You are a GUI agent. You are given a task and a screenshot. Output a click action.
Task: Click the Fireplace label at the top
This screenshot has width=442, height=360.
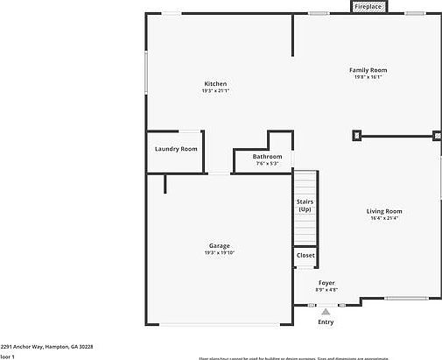click(x=368, y=6)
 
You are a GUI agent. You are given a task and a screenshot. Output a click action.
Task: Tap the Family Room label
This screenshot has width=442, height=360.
click(x=368, y=70)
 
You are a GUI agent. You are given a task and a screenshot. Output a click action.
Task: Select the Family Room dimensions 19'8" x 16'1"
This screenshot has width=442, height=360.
click(x=368, y=77)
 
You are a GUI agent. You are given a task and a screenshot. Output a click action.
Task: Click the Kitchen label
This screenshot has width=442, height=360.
click(x=215, y=84)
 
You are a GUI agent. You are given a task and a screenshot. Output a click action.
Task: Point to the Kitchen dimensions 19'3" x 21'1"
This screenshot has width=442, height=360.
click(x=215, y=91)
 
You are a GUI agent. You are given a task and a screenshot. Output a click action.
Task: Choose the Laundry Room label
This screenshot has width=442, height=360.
click(x=176, y=149)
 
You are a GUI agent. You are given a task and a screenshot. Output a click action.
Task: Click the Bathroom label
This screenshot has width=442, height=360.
click(x=267, y=156)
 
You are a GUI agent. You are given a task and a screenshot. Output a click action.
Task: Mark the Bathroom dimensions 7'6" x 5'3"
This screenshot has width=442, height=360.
click(x=267, y=163)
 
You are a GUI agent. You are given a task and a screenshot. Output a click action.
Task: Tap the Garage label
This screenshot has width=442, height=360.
click(x=219, y=245)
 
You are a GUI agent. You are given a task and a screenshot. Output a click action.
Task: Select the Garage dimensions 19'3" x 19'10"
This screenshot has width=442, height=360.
click(x=219, y=253)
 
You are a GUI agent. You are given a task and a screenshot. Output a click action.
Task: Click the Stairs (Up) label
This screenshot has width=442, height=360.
click(x=305, y=206)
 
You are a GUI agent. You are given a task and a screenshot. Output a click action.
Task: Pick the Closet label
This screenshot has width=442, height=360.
click(x=305, y=256)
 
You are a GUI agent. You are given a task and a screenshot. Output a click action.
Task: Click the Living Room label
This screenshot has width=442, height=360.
click(x=383, y=211)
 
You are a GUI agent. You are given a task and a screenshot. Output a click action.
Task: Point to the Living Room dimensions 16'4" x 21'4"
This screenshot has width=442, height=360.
click(x=383, y=218)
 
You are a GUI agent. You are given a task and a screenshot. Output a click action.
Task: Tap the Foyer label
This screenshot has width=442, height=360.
click(x=326, y=283)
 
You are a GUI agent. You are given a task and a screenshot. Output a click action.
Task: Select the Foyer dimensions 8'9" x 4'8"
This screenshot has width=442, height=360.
click(x=326, y=290)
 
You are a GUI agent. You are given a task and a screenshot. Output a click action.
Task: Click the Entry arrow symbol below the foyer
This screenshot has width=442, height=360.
click(x=326, y=311)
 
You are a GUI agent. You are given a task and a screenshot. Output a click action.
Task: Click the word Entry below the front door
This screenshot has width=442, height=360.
click(x=326, y=322)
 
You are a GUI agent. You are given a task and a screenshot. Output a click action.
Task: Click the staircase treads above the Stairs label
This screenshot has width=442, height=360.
click(x=305, y=184)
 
